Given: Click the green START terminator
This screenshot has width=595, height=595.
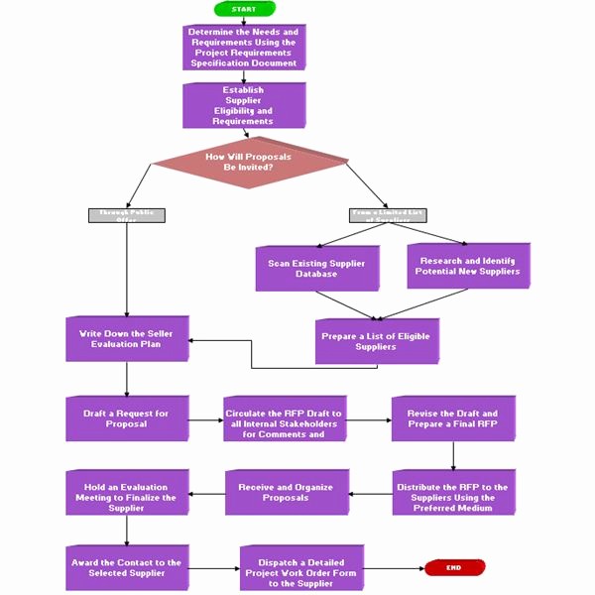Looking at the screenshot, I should pyautogui.click(x=243, y=9).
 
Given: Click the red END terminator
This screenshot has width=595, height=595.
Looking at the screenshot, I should pyautogui.click(x=454, y=567).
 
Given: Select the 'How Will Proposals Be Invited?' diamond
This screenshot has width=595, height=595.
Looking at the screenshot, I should pyautogui.click(x=249, y=162).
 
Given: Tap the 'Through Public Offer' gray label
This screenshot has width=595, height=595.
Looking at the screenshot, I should pyautogui.click(x=127, y=214).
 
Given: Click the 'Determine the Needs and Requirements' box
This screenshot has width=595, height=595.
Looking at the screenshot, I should pyautogui.click(x=244, y=48).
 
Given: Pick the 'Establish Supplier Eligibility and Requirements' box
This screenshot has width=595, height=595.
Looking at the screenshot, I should pyautogui.click(x=243, y=105).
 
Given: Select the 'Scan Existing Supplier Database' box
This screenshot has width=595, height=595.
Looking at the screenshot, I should pyautogui.click(x=316, y=268).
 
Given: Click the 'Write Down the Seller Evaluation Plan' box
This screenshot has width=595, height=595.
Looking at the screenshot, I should pyautogui.click(x=126, y=339).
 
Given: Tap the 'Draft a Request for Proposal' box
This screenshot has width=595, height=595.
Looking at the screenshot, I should pyautogui.click(x=126, y=418).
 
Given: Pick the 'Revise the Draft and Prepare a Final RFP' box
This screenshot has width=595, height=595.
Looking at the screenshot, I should pyautogui.click(x=453, y=418).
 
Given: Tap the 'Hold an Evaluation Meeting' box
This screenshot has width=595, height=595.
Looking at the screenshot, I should pyautogui.click(x=126, y=493).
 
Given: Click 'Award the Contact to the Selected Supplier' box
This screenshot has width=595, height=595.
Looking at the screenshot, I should pyautogui.click(x=126, y=567).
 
